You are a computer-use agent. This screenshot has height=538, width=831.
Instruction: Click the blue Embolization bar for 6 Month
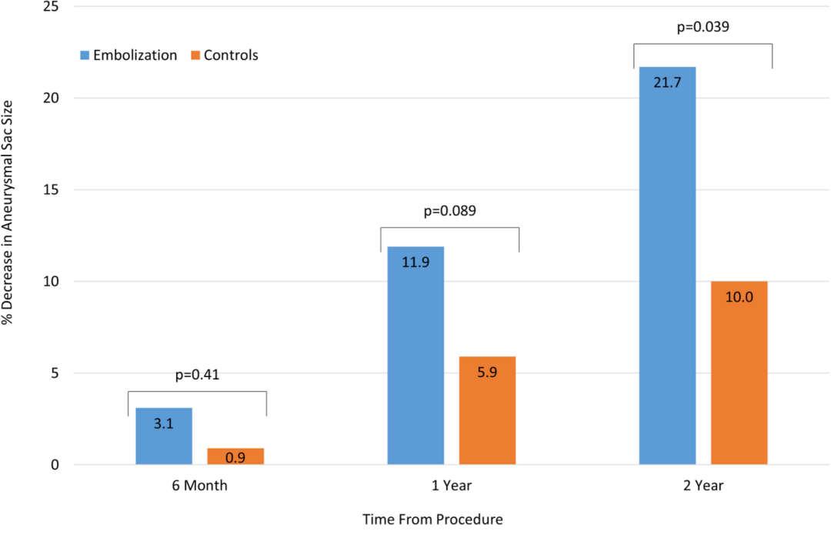[164, 436]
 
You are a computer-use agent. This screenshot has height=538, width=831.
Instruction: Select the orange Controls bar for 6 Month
[235, 456]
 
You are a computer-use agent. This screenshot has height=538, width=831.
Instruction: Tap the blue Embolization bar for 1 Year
[415, 356]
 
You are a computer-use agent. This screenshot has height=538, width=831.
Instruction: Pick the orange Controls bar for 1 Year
[487, 410]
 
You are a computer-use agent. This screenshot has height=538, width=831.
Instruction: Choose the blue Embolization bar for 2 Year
[667, 266]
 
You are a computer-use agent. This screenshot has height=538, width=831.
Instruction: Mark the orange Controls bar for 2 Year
[739, 373]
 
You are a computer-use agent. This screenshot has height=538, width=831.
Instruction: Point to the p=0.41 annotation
[197, 376]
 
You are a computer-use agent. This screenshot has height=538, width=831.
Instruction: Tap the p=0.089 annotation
[449, 211]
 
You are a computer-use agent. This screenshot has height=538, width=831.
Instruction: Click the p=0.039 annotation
[702, 28]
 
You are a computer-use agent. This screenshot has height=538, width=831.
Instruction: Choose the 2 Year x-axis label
[703, 486]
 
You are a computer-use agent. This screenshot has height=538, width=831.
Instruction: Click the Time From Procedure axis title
[434, 520]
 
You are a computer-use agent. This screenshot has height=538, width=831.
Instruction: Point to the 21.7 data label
[667, 81]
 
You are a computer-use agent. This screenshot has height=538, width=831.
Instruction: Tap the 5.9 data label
[487, 370]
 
